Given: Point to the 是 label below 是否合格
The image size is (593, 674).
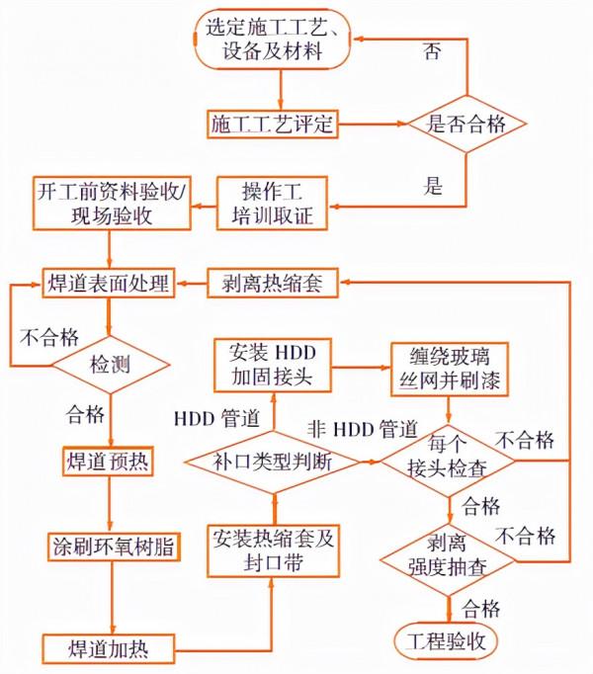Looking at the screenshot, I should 432,185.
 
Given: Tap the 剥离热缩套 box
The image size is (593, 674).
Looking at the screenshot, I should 272,284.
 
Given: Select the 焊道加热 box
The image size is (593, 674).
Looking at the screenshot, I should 109,648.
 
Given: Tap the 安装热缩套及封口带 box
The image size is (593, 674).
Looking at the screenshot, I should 272,550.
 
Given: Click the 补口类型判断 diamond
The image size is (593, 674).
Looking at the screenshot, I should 272,461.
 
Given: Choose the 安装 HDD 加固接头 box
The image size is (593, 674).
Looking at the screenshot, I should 272,365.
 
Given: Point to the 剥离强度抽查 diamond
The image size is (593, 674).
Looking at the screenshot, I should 450,555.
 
